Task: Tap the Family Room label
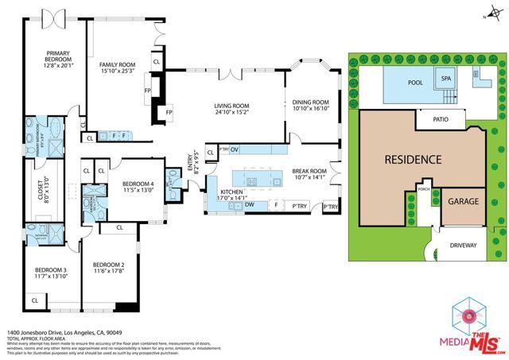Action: point(116,64)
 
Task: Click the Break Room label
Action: point(309,170)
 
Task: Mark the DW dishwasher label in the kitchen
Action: point(251,205)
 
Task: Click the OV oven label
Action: point(235,149)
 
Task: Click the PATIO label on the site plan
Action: point(441,121)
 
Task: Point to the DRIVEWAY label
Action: point(464,245)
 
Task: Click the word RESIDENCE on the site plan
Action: point(412,159)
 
